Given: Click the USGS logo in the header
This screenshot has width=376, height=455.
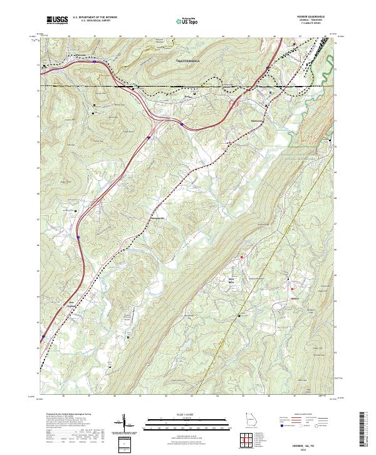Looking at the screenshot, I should [57, 20].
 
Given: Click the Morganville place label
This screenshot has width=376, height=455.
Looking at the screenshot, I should [157, 218].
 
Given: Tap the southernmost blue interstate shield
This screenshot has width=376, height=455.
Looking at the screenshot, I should [43, 336].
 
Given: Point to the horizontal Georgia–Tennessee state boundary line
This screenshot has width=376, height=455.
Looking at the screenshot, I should [188, 86].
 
